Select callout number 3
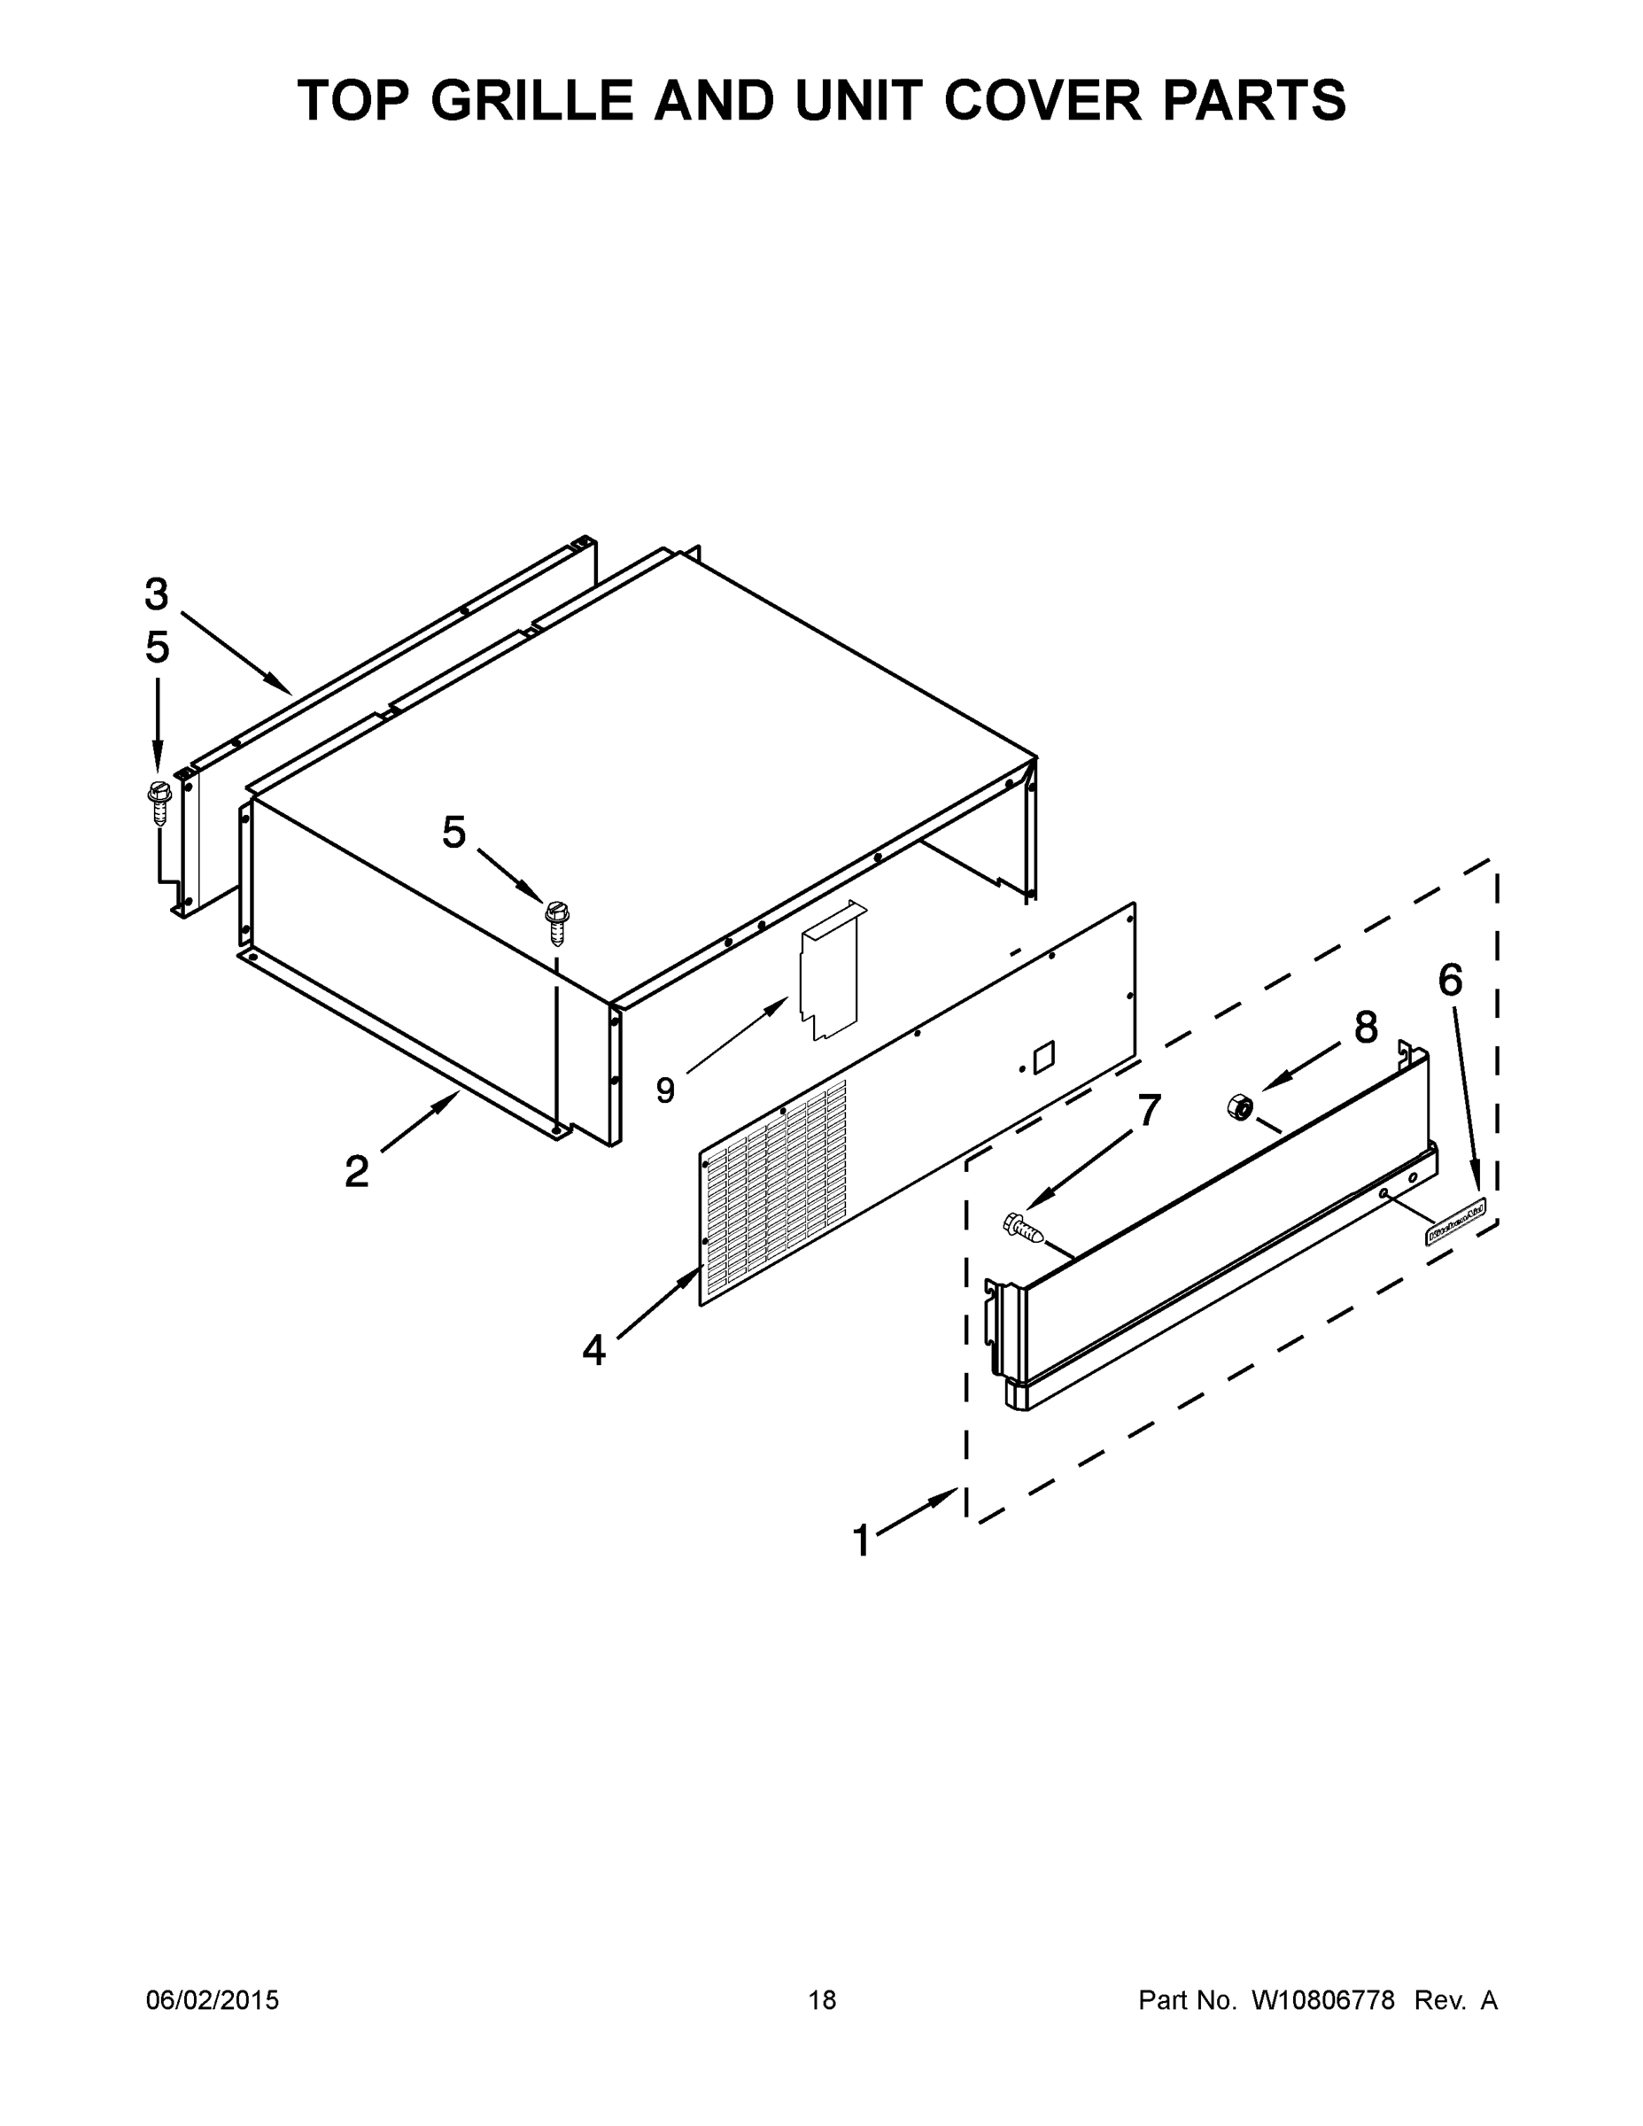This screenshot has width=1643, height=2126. point(156,594)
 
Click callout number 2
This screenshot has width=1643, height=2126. point(356,1171)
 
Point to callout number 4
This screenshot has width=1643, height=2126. point(593,1349)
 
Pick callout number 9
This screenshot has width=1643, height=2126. point(665,1090)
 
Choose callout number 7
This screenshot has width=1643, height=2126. point(1150,1111)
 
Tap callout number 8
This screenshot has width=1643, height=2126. point(1366,1027)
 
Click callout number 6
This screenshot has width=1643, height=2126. point(1450,982)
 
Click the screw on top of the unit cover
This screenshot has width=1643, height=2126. point(558,923)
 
